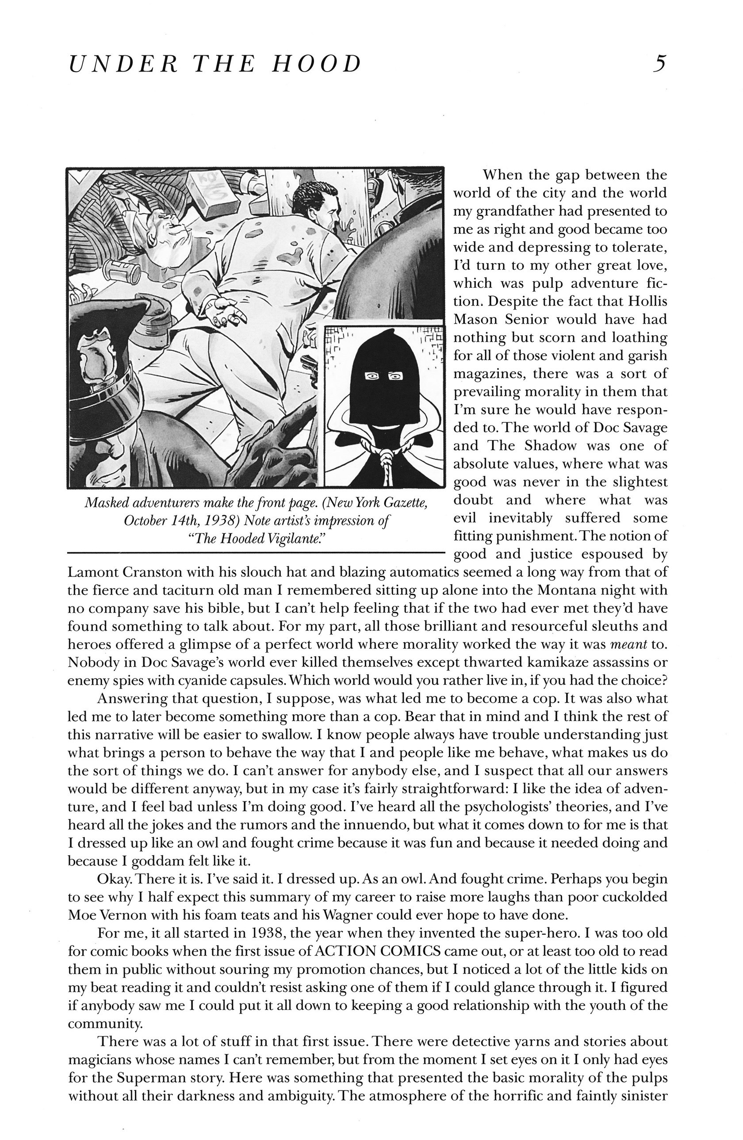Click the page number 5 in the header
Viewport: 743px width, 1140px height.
click(x=660, y=64)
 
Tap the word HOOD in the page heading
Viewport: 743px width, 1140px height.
click(x=316, y=64)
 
